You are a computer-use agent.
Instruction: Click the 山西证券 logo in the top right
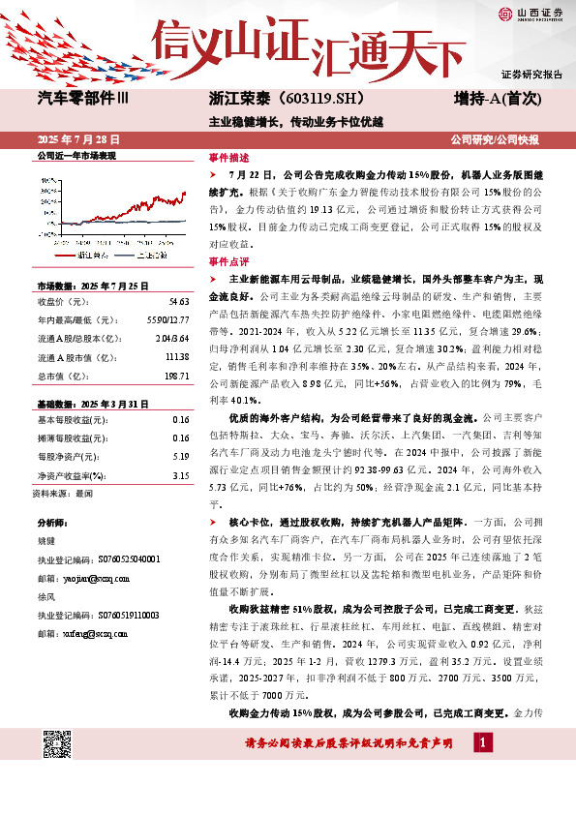point(531,13)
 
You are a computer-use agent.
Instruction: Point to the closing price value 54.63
point(178,303)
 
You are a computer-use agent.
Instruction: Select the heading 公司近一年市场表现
point(76,155)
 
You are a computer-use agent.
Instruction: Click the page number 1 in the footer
point(481,741)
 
